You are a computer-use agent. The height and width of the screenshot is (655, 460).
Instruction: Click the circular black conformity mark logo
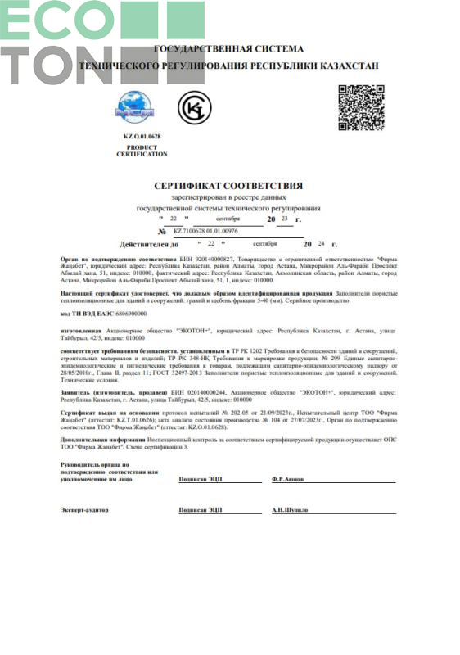194,106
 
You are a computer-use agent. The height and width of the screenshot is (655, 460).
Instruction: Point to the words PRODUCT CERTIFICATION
142,150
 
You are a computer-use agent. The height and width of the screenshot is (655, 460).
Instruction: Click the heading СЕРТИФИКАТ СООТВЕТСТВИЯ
228,186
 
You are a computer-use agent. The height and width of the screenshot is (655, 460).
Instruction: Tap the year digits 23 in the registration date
284,219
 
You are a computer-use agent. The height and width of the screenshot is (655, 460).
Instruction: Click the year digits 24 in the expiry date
321,244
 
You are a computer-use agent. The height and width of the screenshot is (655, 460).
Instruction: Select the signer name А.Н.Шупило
293,510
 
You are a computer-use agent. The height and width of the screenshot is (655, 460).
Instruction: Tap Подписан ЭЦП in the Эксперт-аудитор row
201,510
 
